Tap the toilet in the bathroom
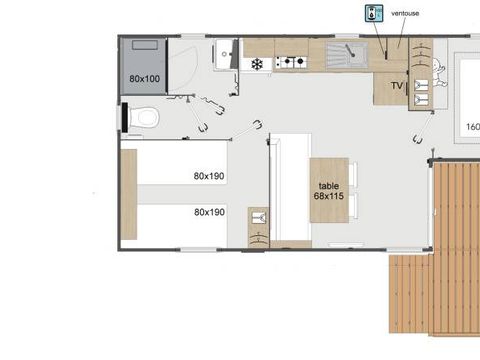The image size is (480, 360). pyautogui.click(x=145, y=119)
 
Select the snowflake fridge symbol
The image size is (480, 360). pyautogui.click(x=257, y=64)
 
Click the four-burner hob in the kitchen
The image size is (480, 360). pyautogui.click(x=290, y=62)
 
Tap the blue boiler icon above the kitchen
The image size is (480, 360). pyautogui.click(x=374, y=15)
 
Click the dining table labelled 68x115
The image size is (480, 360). pyautogui.click(x=328, y=190)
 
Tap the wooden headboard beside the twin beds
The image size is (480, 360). pyautogui.click(x=127, y=194)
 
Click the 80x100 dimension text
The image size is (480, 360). pyautogui.click(x=144, y=77)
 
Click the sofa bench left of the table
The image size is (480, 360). pyautogui.click(x=289, y=190)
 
